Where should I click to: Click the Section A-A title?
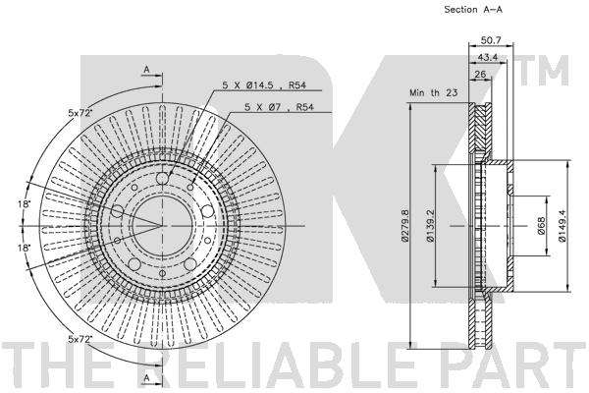[x=473, y=10]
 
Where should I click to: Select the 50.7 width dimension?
[x=491, y=40]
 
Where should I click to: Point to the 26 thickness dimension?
[x=480, y=74]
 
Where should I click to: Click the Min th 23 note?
[x=434, y=92]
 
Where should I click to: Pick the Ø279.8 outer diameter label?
[x=404, y=225]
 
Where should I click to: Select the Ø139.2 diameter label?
[x=431, y=226]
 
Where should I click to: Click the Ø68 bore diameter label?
[x=541, y=226]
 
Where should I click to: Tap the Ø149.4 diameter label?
[x=562, y=226]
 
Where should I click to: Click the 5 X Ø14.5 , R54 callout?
[x=264, y=85]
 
